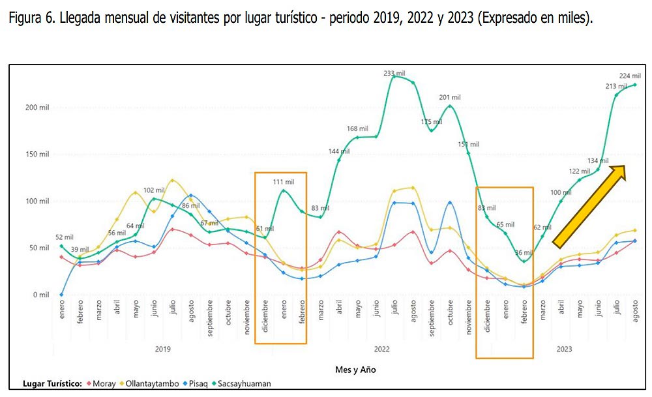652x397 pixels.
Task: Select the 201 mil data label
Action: [x=450, y=98]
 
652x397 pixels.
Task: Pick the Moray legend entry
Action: [x=102, y=383]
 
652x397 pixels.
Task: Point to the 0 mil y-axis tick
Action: [x=40, y=295]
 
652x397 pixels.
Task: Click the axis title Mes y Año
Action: [x=355, y=370]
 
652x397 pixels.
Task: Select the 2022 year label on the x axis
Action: [x=382, y=349]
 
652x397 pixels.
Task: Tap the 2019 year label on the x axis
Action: [x=163, y=349]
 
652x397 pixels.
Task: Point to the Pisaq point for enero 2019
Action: [x=61, y=295]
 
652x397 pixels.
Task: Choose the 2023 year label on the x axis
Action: [x=564, y=349]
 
